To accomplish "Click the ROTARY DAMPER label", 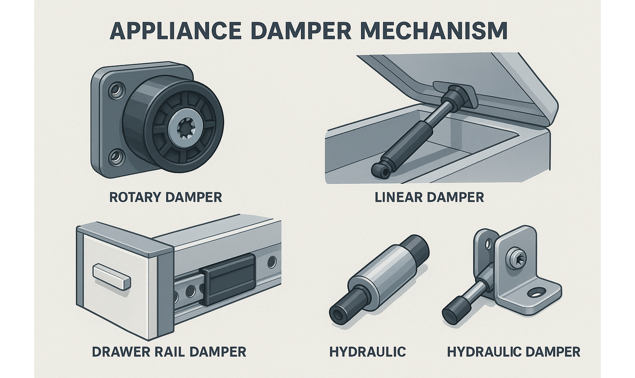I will (x=165, y=197).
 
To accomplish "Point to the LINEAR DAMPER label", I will (x=429, y=197).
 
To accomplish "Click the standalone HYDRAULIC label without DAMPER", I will (x=367, y=351).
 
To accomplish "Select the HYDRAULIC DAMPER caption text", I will (x=513, y=351).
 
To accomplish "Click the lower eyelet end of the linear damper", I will (x=380, y=169).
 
